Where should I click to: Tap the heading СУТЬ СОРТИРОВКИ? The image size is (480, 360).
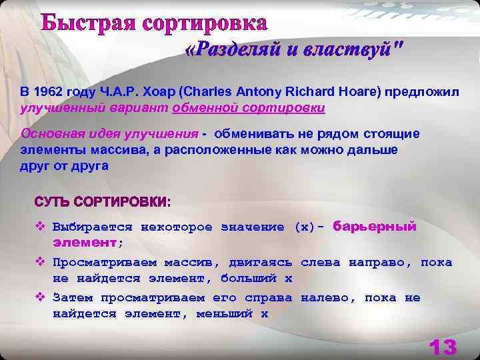coord(102,201)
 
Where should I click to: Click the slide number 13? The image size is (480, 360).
coord(442,347)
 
